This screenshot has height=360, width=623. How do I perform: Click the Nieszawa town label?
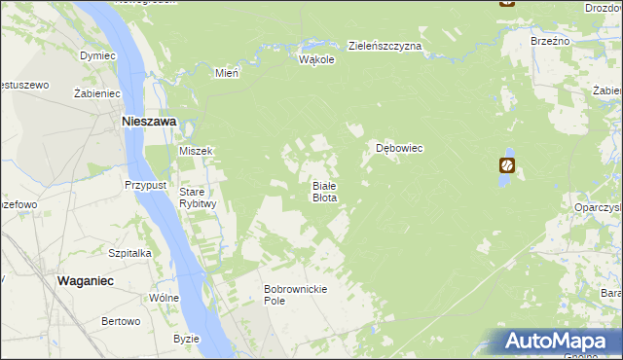[x=148, y=122]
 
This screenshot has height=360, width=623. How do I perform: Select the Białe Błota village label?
[x=324, y=191]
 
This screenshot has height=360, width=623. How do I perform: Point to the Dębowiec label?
[x=399, y=148]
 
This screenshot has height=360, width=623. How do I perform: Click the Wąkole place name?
[x=316, y=59]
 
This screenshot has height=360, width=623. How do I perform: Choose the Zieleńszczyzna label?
[x=385, y=46]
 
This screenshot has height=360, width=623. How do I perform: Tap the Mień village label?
[x=227, y=73]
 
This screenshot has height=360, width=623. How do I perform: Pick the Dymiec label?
[x=98, y=56]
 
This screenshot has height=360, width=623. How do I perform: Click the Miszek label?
[x=196, y=151]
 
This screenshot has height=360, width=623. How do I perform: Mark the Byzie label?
[x=185, y=339]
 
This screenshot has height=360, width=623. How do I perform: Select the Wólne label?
[x=163, y=298]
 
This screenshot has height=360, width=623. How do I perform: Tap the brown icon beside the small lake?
[x=507, y=164]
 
